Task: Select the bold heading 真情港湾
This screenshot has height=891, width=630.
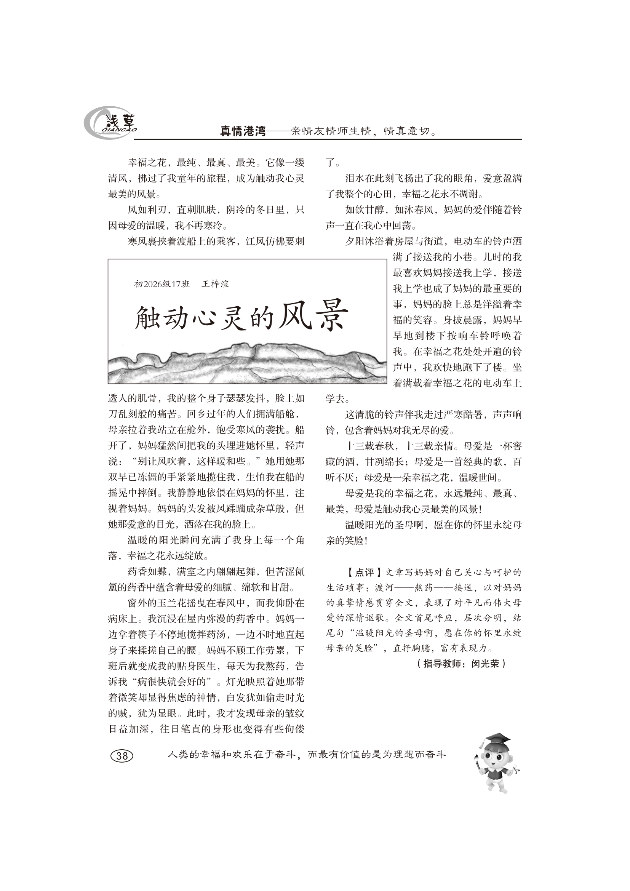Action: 243,131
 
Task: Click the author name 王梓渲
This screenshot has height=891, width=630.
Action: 215,284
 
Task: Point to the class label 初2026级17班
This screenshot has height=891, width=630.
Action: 162,284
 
